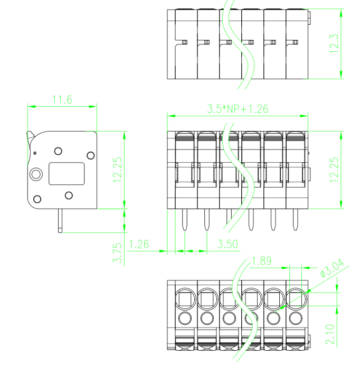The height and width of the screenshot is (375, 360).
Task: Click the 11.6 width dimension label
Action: pos(62,99)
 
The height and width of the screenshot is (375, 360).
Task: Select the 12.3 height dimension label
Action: pos(334,43)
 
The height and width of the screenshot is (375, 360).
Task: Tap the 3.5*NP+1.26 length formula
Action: pos(238,109)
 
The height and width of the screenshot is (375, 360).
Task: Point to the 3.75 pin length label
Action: pos(117,253)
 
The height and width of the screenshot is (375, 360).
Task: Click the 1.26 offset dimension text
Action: pos(139,244)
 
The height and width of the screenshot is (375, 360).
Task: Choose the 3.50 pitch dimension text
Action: pos(228,244)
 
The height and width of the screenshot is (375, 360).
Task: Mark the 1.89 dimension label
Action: pos(262,261)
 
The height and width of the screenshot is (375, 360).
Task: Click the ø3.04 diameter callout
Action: pos(332,268)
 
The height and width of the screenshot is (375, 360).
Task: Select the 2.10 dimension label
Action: pos(330,334)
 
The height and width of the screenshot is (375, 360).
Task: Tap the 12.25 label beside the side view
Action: pos(117,170)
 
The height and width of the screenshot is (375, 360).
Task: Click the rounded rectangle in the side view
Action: pos(67,174)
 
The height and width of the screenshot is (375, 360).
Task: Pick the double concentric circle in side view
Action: pos(36,174)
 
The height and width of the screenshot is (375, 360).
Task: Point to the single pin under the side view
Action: pos(60,220)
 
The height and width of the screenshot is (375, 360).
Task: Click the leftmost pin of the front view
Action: pos(185,220)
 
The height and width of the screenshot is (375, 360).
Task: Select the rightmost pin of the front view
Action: pos(296,220)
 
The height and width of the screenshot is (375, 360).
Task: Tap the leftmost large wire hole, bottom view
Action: pos(186,299)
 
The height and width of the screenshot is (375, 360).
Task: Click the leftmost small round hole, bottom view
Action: pos(185,318)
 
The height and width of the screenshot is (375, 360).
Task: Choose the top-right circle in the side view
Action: pos(91,155)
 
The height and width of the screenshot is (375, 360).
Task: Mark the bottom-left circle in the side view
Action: pos(37,199)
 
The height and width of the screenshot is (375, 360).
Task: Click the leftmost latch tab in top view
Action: pos(185,42)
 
